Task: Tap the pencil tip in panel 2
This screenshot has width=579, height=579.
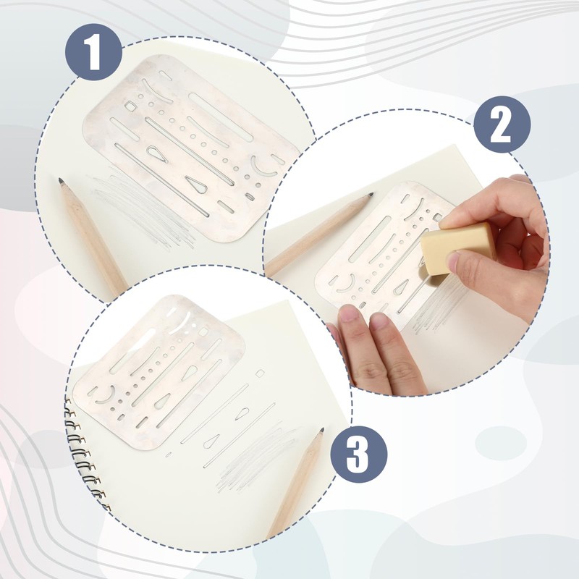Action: pos(370,196)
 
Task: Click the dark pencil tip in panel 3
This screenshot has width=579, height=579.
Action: pos(320,431)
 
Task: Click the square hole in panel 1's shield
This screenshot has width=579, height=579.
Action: pos(130,106)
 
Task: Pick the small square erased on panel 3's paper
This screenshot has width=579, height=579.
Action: pos(260,373)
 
